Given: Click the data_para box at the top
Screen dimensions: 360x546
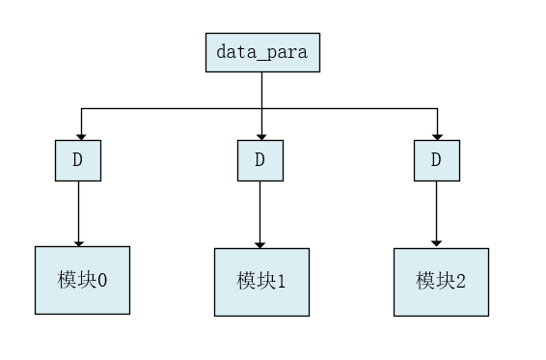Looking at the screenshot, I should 261,52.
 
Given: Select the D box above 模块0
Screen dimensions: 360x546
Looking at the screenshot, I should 78,160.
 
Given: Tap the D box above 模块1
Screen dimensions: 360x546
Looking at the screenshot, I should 260,160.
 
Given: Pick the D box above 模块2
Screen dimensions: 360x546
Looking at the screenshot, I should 437,160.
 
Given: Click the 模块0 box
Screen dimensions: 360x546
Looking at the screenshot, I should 82,280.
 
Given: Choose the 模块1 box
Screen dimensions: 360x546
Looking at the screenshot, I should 261,282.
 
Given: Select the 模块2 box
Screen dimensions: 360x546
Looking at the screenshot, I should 441,282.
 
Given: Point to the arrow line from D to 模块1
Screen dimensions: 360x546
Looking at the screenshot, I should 260,212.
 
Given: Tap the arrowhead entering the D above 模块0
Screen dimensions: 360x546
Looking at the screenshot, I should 80,135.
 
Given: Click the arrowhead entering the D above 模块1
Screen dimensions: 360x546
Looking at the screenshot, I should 261,135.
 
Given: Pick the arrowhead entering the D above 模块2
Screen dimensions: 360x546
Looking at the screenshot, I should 437,135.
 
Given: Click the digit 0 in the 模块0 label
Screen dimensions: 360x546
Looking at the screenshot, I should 102,280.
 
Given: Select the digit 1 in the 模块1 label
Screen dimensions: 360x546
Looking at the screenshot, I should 282,282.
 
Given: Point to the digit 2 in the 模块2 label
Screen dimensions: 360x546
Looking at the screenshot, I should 460,281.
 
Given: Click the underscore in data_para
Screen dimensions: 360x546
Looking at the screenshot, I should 257,58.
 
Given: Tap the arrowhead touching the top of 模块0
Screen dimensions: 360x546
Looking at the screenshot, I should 78,242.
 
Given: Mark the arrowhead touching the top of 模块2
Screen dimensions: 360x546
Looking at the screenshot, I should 437,242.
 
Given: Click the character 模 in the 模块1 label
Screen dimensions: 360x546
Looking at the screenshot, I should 247,282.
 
